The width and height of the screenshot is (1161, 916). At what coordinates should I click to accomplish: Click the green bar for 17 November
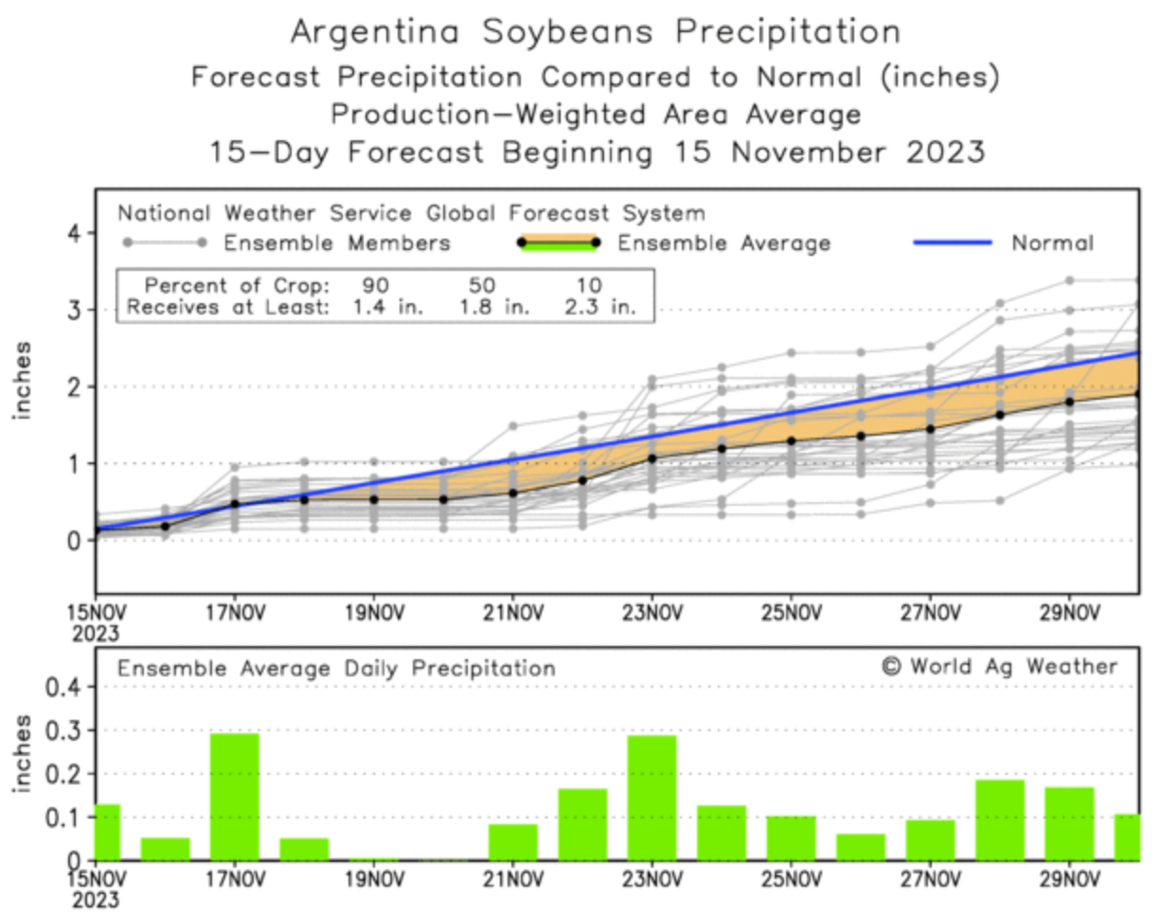tap(234, 796)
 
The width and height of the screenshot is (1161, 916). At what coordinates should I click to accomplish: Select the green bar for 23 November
tap(652, 797)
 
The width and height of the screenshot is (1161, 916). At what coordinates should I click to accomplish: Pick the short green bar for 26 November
tap(861, 846)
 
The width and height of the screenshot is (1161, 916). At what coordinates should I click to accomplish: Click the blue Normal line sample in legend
tap(952, 243)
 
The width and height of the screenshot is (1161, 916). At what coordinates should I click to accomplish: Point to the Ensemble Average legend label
tap(723, 243)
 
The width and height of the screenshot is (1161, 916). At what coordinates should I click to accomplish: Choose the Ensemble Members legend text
tap(336, 243)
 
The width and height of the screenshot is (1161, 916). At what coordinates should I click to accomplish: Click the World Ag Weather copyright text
tap(999, 666)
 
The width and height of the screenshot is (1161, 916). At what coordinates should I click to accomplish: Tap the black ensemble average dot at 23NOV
tap(652, 458)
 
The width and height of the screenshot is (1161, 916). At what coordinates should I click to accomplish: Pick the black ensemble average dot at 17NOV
tap(234, 504)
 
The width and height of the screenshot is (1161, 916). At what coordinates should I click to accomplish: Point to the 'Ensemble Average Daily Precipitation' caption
tap(336, 669)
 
